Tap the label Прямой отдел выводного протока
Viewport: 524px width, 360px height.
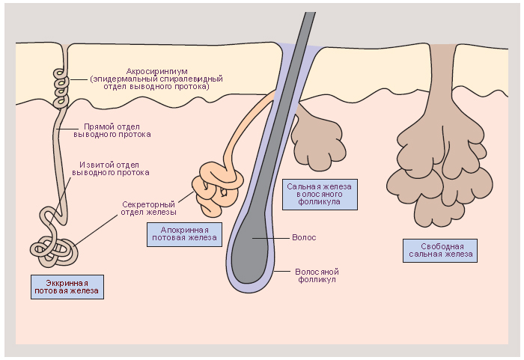pos(112,130)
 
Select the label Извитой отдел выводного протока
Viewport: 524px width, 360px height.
pos(111,168)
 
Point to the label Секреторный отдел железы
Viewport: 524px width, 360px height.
pos(148,207)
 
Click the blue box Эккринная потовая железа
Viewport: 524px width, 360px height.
pos(67,287)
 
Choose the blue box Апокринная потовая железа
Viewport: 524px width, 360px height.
pos(184,233)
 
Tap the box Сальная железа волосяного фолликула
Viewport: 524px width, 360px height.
pos(320,193)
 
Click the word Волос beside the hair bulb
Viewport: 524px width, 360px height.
pos(304,237)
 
